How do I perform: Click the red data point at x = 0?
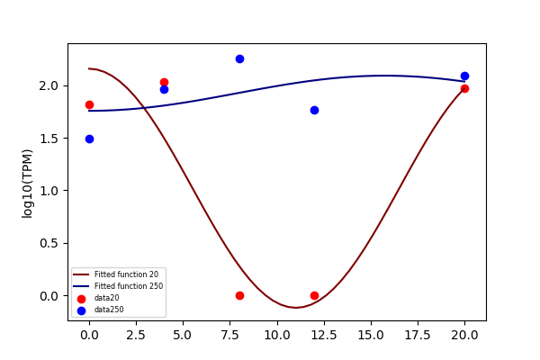coord(89,104)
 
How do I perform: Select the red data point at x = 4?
coord(165,82)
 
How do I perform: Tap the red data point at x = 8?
coord(239,295)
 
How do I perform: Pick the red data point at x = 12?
coord(314,295)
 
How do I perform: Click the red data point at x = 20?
coord(464,88)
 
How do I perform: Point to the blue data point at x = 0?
coord(89,139)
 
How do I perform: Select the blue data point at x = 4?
coord(165,90)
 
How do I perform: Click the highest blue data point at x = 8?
coord(239,58)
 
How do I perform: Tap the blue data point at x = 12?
coord(314,110)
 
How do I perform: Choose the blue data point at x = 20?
coord(464,76)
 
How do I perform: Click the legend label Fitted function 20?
coord(126,274)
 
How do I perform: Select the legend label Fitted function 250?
coord(129,286)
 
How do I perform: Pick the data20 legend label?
coord(107,298)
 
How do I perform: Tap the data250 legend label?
coord(109,310)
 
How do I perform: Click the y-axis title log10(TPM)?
coord(27,184)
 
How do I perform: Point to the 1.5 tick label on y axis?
coord(49,139)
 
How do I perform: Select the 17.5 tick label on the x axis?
coord(418,335)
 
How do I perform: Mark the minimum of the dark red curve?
coord(296,307)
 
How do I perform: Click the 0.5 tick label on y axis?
coord(49,244)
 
